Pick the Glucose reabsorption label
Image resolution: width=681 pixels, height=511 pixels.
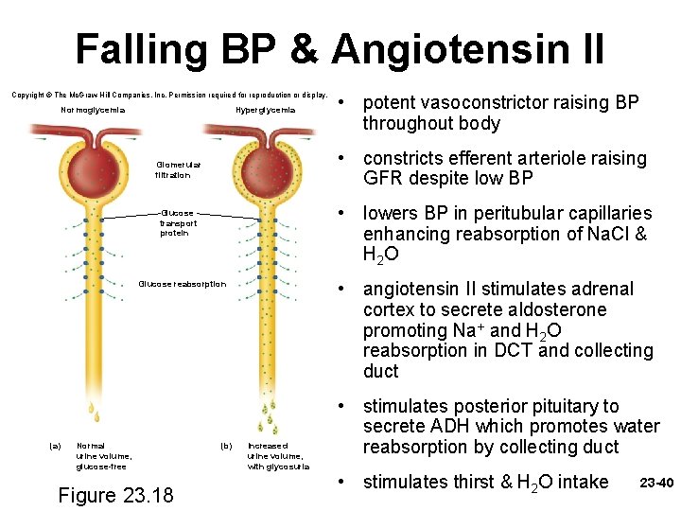tap(183, 284)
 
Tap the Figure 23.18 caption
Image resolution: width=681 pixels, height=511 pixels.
tap(114, 495)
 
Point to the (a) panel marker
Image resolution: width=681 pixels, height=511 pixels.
tap(55, 445)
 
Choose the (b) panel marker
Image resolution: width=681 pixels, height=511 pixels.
tap(226, 445)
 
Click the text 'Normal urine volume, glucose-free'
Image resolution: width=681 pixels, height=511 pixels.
tap(104, 455)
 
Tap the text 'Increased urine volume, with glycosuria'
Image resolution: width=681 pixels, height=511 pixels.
tap(278, 455)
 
